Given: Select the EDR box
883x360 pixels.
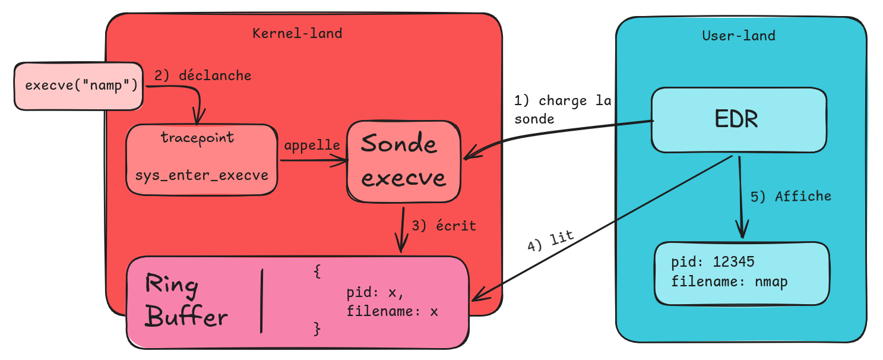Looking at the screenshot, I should point(739,120).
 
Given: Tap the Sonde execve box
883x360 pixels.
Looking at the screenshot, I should point(403,161).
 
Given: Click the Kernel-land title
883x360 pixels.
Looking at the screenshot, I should point(297,33).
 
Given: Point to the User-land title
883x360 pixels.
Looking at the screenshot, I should point(738,36).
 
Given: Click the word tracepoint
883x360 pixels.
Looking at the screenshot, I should point(198,138).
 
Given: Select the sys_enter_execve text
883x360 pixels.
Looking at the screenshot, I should point(201,175).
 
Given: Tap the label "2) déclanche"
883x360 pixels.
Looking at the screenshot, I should point(202,75).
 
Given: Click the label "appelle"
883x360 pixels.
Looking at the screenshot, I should point(312,146).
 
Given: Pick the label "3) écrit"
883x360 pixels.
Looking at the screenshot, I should point(444,226).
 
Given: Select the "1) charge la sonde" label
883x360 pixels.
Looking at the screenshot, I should point(562,110).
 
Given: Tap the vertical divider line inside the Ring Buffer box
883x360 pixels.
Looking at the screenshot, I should point(261,301).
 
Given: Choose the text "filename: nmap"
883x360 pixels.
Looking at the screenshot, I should point(729,281).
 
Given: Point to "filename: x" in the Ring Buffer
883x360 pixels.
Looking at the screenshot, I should point(392,310).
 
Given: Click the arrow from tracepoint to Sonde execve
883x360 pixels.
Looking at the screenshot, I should point(312,159).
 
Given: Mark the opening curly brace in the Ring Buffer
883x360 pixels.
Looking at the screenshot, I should point(317,272).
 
